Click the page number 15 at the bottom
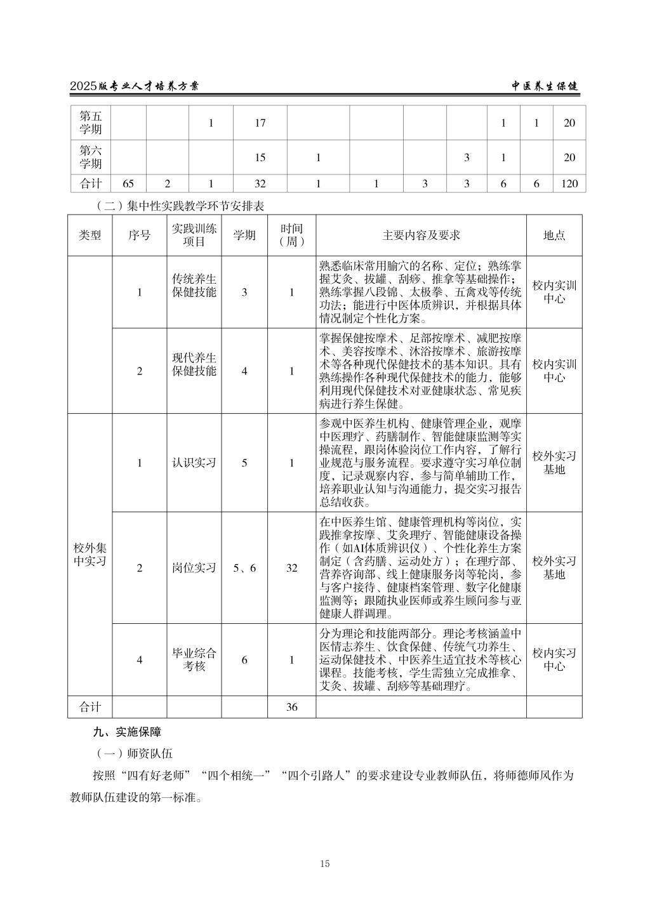click(325, 863)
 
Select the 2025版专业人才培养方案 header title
click(134, 86)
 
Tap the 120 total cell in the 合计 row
click(569, 184)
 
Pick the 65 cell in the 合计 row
click(128, 184)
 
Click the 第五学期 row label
click(90, 123)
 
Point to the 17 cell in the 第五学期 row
click(260, 123)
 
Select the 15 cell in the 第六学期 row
click(260, 157)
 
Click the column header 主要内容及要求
click(421, 235)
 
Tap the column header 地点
click(554, 235)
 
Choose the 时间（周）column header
click(291, 235)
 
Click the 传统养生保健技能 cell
click(194, 286)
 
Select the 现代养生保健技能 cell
click(194, 364)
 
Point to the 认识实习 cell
click(194, 463)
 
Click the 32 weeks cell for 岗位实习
click(291, 568)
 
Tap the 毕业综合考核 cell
click(194, 660)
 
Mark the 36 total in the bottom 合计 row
click(291, 707)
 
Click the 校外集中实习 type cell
click(90, 554)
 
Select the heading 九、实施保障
click(127, 732)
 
